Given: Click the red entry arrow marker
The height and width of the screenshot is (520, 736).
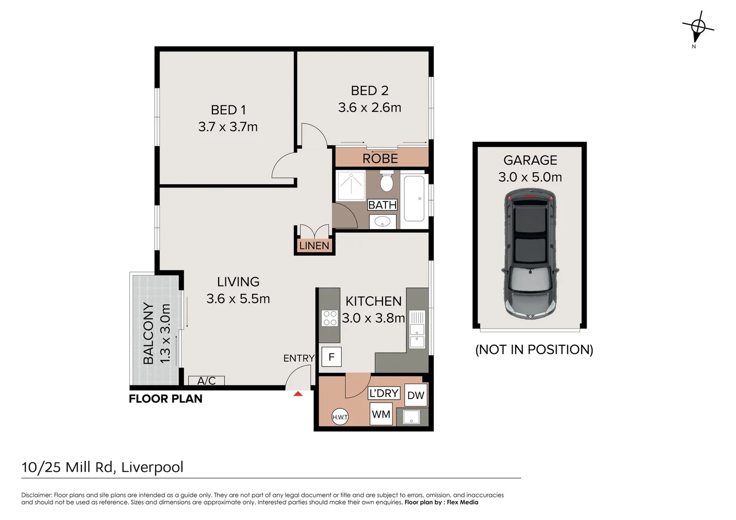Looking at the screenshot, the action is pos(298,393).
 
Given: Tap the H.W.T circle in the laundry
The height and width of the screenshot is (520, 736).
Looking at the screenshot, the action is pos(340,417).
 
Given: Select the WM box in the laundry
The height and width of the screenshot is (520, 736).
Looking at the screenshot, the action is pos(381,414).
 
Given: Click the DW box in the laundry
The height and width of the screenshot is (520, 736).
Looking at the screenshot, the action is pos(416,395).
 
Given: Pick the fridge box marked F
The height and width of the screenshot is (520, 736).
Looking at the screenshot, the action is pos(331,357).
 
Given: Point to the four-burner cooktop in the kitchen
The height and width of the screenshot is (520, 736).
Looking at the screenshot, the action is pos(330,318).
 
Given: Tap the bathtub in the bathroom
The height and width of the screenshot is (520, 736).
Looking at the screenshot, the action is pos(414,198).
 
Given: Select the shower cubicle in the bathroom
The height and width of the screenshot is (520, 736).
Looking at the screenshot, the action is pos(351,185).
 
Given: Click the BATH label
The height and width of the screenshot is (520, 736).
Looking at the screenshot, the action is pos(382,205).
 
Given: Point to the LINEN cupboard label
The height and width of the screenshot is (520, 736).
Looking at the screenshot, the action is pos(314,246).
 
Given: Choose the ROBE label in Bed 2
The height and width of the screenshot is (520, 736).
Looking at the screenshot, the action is pos(380,159).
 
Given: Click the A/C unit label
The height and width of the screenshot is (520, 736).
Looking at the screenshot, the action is pos(206,381).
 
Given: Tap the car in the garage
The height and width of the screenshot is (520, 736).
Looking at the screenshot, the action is pos(530,253).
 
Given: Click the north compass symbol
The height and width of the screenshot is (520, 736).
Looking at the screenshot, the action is pos(698,28).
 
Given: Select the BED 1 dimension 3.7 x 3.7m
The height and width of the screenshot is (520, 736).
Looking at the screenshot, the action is pos(228,127).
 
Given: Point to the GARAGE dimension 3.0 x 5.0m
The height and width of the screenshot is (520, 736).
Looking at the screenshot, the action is pos(530,177).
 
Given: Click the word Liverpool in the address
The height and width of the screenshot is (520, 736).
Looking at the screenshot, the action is pos(152,467).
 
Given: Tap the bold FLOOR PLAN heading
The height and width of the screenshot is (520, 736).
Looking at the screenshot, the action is pos(166,399).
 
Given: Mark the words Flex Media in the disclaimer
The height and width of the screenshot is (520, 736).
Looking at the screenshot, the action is pos(462,502).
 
